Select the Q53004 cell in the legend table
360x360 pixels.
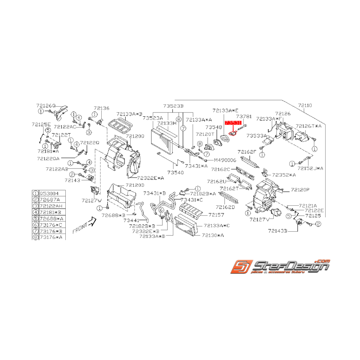[49, 193]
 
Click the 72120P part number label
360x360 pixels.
[300, 190]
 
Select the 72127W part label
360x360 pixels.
[91, 200]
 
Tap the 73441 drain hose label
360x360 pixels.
[131, 220]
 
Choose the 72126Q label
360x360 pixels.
[46, 106]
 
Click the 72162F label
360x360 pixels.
[247, 152]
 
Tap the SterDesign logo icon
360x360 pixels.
[239, 266]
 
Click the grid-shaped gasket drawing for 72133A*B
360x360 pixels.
[120, 126]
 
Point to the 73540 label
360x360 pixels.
[176, 172]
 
